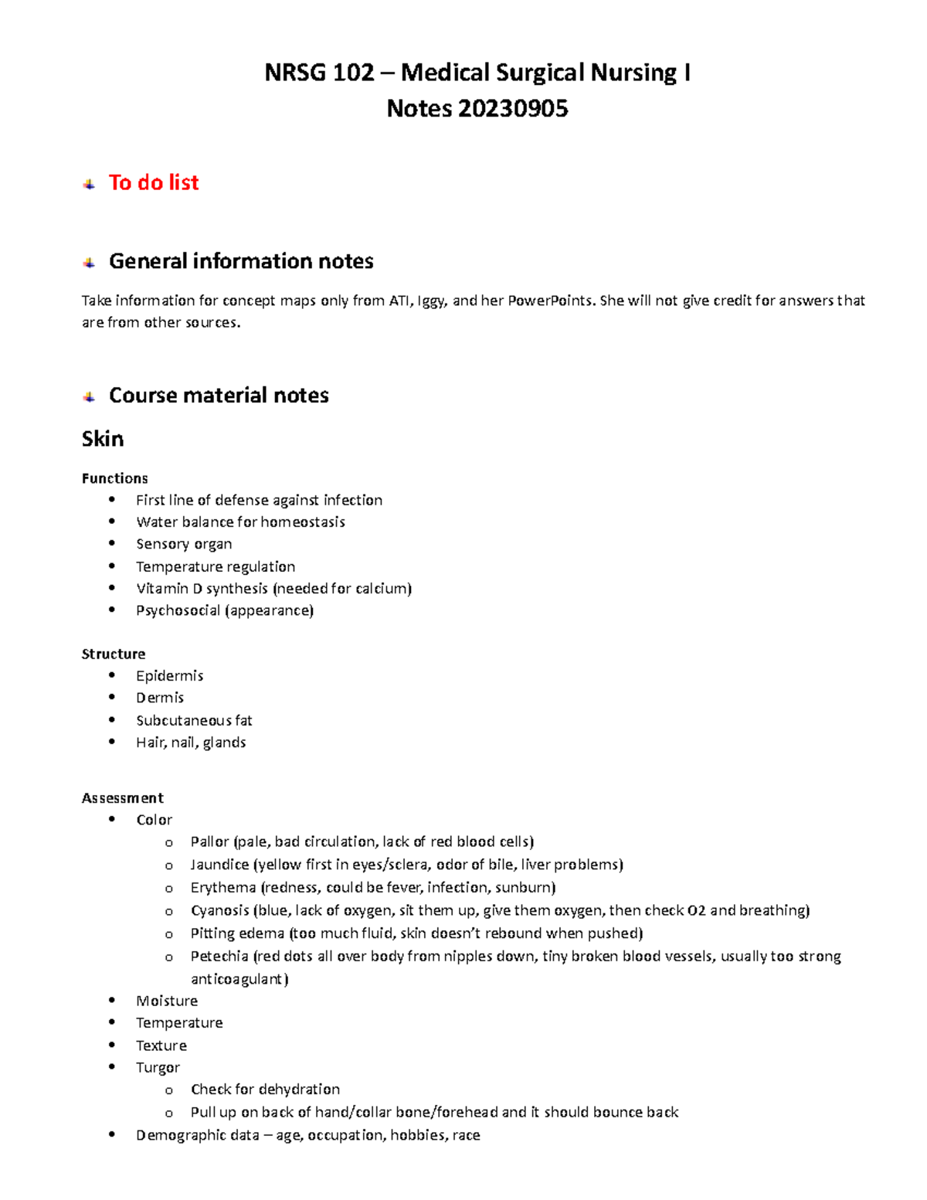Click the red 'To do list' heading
click(153, 182)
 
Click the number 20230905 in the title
click(512, 109)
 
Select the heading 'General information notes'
click(241, 261)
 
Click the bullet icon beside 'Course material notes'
click(90, 396)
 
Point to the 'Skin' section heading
click(103, 439)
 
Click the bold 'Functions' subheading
click(114, 478)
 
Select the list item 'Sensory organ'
click(184, 544)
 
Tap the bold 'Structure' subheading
click(114, 654)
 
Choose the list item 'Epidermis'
click(169, 676)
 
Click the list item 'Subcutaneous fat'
click(194, 721)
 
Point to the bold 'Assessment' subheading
click(122, 797)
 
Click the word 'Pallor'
click(209, 841)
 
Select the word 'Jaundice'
click(219, 865)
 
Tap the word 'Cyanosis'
click(219, 910)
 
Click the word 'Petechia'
click(219, 957)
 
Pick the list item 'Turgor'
click(158, 1068)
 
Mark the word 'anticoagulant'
click(239, 979)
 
